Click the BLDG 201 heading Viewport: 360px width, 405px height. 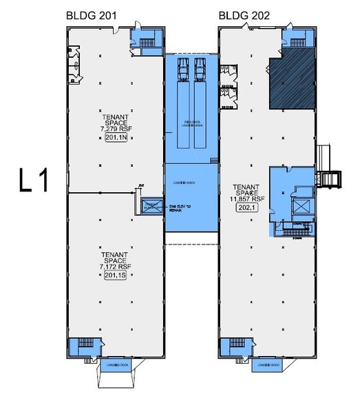click(x=90, y=15)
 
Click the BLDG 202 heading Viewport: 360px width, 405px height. click(x=244, y=15)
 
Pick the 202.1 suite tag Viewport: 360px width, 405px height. click(x=245, y=206)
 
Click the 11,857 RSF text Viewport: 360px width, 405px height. click(x=245, y=198)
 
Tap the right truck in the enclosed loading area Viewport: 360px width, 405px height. click(x=200, y=68)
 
